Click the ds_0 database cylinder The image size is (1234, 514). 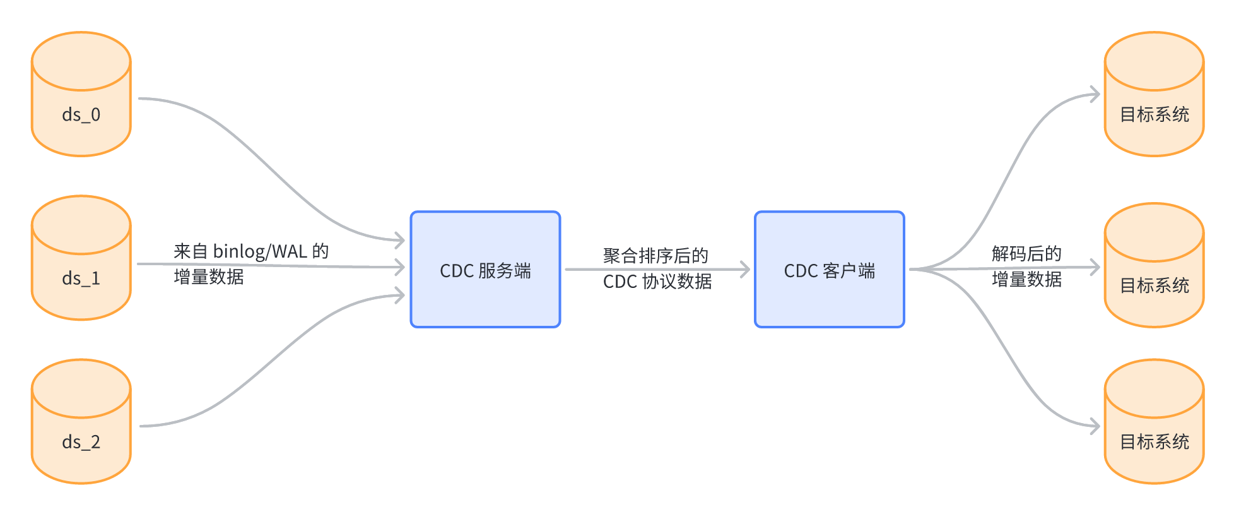click(81, 95)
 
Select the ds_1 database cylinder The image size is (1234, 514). click(81, 258)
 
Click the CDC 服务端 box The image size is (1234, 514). click(485, 270)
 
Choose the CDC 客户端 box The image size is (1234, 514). click(829, 270)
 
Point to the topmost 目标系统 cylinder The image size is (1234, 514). click(1154, 95)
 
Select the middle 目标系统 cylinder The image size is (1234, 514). click(1154, 266)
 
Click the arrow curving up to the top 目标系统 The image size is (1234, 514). click(1009, 170)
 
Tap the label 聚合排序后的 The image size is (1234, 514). click(655, 256)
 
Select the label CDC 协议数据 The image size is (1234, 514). click(657, 282)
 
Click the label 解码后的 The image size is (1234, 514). click(1026, 254)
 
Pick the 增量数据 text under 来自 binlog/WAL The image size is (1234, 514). click(208, 277)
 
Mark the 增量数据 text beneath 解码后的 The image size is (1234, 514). click(1026, 279)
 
